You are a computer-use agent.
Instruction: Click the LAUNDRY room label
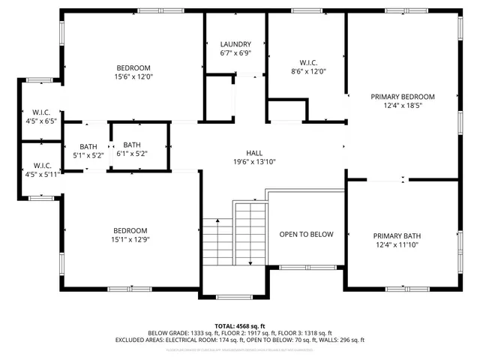tap(235, 44)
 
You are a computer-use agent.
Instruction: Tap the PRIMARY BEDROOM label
tap(403, 97)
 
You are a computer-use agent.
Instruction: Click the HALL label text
tap(254, 151)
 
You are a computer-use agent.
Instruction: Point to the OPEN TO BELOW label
tap(306, 235)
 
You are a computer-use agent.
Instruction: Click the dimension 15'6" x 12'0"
tap(133, 76)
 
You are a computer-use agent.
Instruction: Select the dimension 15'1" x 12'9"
tap(130, 240)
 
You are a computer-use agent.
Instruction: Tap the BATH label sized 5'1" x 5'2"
tap(88, 146)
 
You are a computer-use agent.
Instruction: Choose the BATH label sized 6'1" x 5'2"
tap(132, 145)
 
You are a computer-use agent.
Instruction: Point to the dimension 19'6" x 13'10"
tap(254, 161)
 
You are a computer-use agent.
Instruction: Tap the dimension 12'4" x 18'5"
tap(403, 106)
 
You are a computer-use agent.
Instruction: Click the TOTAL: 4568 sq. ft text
tap(240, 325)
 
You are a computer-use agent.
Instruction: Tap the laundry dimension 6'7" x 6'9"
tap(235, 54)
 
